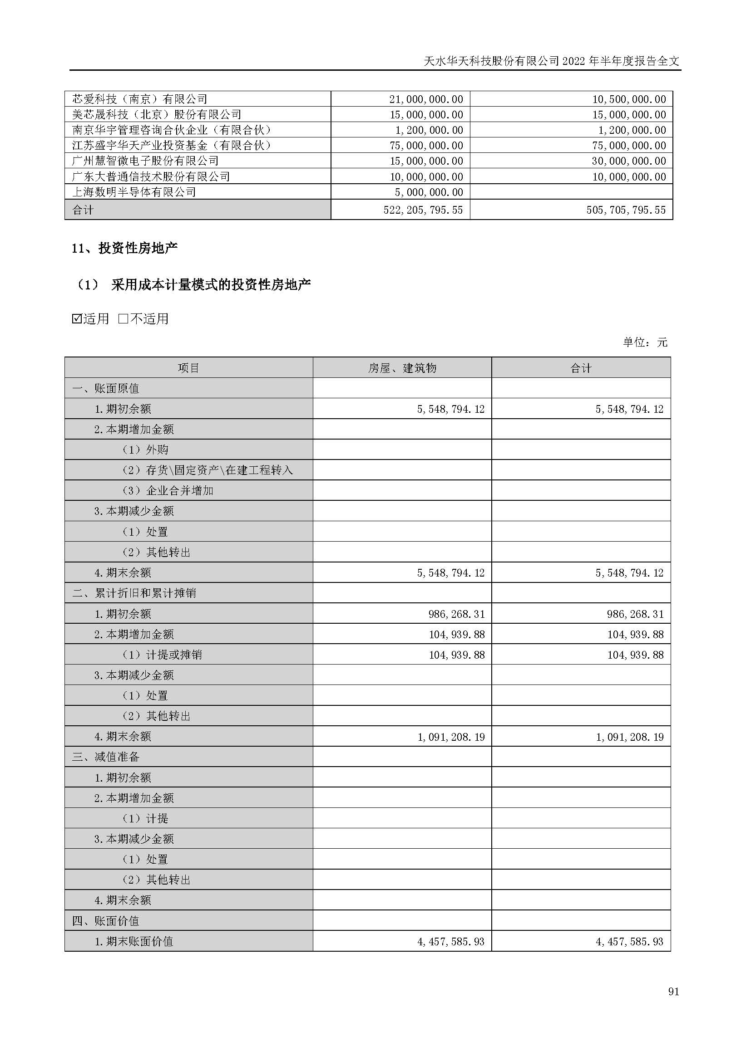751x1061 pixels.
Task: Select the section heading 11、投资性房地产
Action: pyautogui.click(x=124, y=248)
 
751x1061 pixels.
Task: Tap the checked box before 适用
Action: pyautogui.click(x=77, y=318)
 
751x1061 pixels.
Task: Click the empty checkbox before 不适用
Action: pyautogui.click(x=123, y=318)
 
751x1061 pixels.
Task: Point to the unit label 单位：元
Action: pyautogui.click(x=645, y=342)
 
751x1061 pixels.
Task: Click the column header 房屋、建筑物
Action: pyautogui.click(x=402, y=368)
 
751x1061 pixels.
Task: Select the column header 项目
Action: pyautogui.click(x=188, y=368)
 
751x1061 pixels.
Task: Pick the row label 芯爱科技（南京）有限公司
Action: pyautogui.click(x=140, y=99)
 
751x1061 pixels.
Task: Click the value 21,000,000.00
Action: pyautogui.click(x=426, y=99)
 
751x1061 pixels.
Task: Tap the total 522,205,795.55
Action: pyautogui.click(x=423, y=210)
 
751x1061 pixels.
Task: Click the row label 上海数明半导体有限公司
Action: pyautogui.click(x=134, y=192)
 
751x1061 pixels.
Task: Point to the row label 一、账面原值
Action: pyautogui.click(x=105, y=388)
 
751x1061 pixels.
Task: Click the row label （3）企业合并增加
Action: pyautogui.click(x=168, y=490)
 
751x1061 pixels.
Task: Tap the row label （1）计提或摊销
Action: pyautogui.click(x=162, y=655)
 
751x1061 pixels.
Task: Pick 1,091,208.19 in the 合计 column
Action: pyautogui.click(x=629, y=737)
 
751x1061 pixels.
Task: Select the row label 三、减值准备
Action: pyautogui.click(x=105, y=757)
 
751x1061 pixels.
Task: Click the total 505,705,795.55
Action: pyautogui.click(x=626, y=210)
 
